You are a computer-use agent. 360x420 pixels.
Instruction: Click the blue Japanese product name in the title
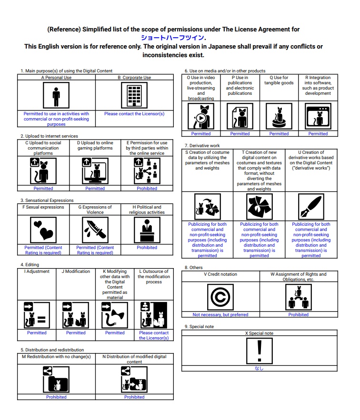(173, 38)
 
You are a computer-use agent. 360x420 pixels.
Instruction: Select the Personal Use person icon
(56, 96)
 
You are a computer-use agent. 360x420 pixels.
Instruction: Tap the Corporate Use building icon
(134, 95)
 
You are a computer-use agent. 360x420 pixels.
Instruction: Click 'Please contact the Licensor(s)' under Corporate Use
(134, 114)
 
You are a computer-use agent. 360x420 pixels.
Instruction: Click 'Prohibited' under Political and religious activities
(147, 248)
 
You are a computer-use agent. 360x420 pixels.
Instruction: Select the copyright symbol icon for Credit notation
(220, 297)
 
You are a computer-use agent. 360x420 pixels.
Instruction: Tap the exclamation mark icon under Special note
(259, 351)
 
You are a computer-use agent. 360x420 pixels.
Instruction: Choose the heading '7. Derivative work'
(202, 145)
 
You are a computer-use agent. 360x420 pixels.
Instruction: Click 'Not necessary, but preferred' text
(220, 315)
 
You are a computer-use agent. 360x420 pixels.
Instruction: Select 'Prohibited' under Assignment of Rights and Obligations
(298, 315)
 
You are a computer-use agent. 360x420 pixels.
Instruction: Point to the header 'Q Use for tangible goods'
(279, 80)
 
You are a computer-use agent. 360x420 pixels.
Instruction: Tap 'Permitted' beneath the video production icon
(201, 134)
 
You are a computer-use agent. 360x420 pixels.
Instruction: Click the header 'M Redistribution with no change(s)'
(56, 356)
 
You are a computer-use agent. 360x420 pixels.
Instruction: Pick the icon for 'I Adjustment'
(37, 315)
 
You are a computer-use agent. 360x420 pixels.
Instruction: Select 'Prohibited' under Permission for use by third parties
(147, 189)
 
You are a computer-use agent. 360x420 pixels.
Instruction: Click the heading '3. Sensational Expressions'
(47, 200)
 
